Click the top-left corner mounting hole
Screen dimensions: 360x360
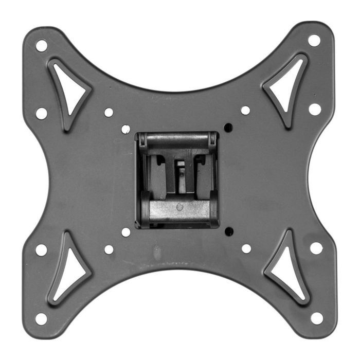(x=42, y=45)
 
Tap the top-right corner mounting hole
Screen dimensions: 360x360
(x=314, y=40)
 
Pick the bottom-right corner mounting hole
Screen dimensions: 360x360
(x=317, y=318)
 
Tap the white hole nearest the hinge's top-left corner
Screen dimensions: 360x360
(x=125, y=129)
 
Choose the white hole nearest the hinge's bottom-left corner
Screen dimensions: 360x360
(x=125, y=232)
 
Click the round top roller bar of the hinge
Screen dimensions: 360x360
(x=177, y=139)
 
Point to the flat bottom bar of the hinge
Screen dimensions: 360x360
(x=177, y=208)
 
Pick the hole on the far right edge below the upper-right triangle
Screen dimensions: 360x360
(x=315, y=109)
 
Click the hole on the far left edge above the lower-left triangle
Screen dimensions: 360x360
(x=41, y=250)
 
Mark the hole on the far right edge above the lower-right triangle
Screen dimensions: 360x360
(x=316, y=248)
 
